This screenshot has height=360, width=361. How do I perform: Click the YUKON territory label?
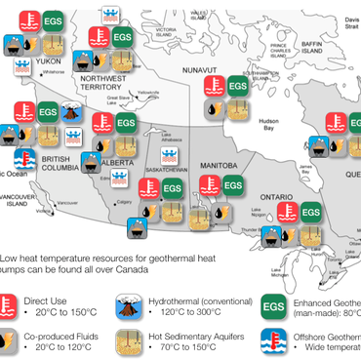(49, 59)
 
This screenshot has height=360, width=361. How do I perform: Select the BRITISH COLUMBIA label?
(60, 160)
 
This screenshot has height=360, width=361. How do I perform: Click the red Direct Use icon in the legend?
(16, 304)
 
